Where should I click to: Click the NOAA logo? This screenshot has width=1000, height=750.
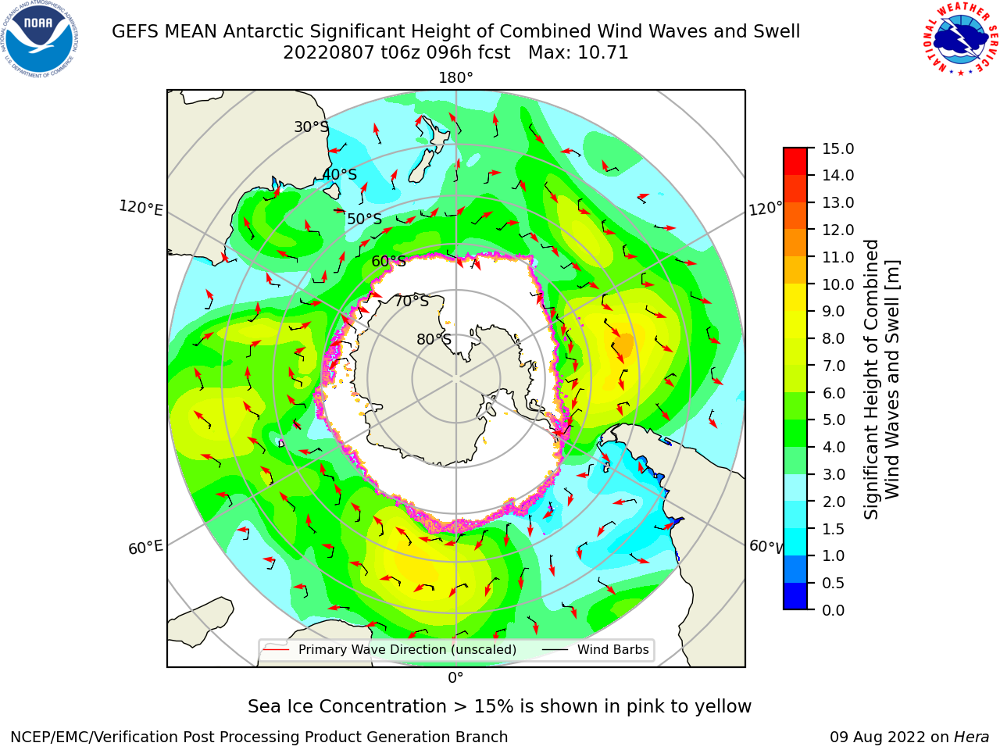pyautogui.click(x=40, y=39)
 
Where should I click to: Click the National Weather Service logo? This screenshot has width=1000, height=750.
pyautogui.click(x=959, y=38)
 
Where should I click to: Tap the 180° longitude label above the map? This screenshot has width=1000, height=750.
pyautogui.click(x=455, y=78)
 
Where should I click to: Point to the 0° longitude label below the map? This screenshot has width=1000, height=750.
pyautogui.click(x=455, y=678)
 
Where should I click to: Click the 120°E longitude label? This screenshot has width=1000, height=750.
pyautogui.click(x=141, y=208)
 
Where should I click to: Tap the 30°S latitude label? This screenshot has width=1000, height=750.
pyautogui.click(x=311, y=127)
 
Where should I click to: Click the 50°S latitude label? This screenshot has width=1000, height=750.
pyautogui.click(x=365, y=219)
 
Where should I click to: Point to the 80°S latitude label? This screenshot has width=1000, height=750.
pyautogui.click(x=434, y=339)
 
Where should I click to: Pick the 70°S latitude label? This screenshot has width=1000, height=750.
pyautogui.click(x=412, y=301)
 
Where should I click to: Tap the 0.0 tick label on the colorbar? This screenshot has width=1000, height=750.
pyautogui.click(x=834, y=610)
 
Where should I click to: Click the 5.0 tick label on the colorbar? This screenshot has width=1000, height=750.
pyautogui.click(x=834, y=420)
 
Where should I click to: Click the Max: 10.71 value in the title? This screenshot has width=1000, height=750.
pyautogui.click(x=578, y=53)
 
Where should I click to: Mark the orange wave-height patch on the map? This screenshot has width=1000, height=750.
pyautogui.click(x=624, y=345)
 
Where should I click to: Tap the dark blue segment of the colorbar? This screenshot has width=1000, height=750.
pyautogui.click(x=795, y=596)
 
